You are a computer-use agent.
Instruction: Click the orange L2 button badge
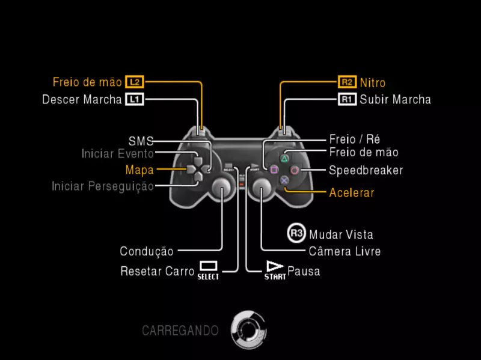[134, 82]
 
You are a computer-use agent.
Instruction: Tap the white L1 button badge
[134, 99]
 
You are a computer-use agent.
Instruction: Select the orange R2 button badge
[347, 82]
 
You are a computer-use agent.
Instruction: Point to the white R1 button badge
[347, 99]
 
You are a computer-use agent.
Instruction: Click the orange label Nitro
[373, 82]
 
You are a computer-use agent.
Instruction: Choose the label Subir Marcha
[395, 99]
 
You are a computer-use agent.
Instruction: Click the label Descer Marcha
[82, 99]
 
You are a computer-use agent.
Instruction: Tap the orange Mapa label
[139, 169]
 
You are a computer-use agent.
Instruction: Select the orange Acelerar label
[352, 193]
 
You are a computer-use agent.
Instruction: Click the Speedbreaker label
[366, 170]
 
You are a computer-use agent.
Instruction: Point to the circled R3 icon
[296, 234]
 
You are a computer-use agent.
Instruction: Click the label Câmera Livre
[345, 251]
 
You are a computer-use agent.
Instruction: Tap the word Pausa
[304, 271]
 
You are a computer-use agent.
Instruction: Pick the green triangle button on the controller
[284, 159]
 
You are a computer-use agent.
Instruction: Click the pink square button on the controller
[274, 170]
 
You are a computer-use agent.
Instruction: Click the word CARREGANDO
[180, 330]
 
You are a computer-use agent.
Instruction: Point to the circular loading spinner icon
[248, 329]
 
